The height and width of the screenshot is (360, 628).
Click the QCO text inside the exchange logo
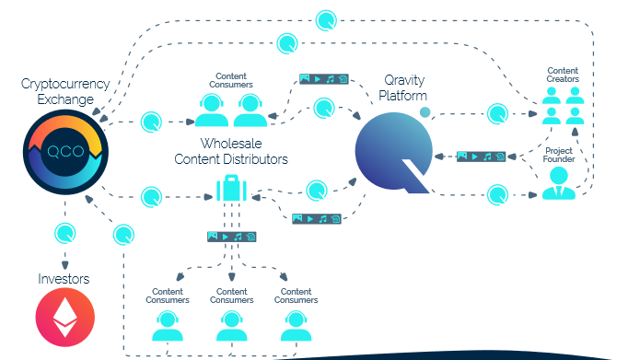click(65, 151)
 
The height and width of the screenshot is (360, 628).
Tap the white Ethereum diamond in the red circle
click(65, 317)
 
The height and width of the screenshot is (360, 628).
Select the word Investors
click(64, 279)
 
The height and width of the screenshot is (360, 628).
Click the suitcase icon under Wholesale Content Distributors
click(231, 188)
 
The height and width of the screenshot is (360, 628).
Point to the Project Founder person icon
click(559, 183)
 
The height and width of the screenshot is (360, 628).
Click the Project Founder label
click(559, 155)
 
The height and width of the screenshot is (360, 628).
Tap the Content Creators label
click(563, 75)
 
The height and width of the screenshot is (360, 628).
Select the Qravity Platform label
click(403, 87)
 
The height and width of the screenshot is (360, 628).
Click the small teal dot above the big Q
click(424, 112)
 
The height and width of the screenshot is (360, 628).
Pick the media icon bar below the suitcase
click(231, 237)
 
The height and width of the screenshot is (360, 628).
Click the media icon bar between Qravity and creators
click(481, 157)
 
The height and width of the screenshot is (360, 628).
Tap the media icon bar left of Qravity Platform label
click(324, 79)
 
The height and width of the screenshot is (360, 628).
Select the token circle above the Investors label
click(64, 233)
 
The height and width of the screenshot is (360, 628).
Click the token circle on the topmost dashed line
click(326, 20)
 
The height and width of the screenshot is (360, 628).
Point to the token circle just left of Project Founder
click(498, 195)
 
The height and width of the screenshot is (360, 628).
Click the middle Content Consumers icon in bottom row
click(231, 326)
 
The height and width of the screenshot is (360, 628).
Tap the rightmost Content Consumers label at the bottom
click(296, 296)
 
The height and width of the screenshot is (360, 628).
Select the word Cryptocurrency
click(65, 84)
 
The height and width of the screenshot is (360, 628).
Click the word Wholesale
click(231, 144)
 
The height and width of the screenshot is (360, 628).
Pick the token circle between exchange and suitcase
click(151, 197)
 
